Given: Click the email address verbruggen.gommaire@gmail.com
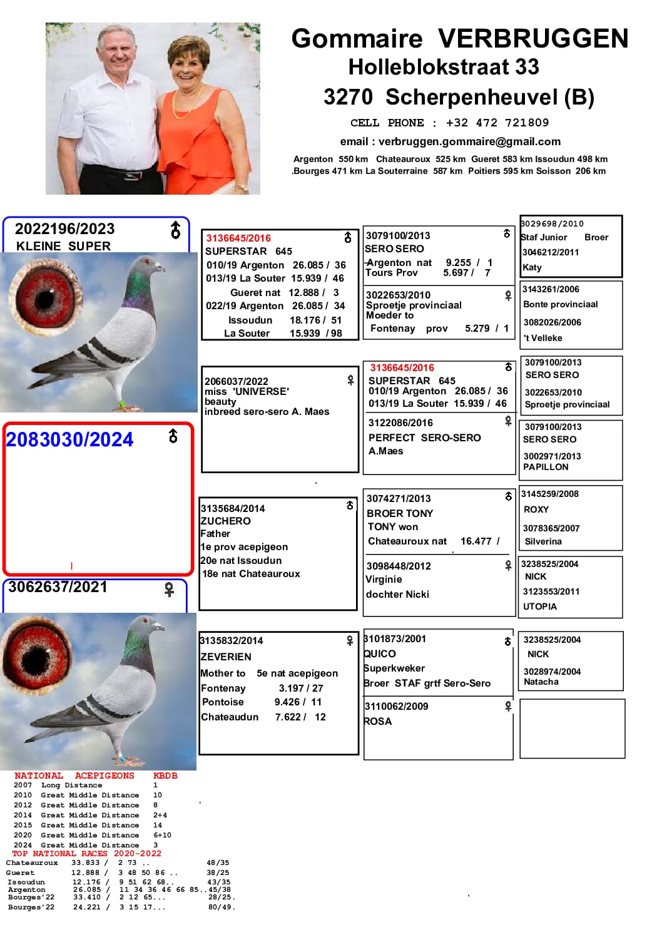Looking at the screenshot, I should pyautogui.click(x=469, y=142).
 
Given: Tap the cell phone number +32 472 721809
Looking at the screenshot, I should pyautogui.click(x=497, y=123).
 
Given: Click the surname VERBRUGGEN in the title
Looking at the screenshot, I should pyautogui.click(x=533, y=39).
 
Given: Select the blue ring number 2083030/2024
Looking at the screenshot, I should pyautogui.click(x=70, y=440).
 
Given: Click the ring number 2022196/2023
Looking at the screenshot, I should pyautogui.click(x=65, y=229).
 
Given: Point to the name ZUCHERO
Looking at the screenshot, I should pyautogui.click(x=226, y=521).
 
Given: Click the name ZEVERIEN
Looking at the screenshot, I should pyautogui.click(x=226, y=657).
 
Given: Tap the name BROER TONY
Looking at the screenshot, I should pyautogui.click(x=400, y=513).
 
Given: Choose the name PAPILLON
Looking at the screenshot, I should pyautogui.click(x=546, y=467).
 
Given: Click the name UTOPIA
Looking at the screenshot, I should pyautogui.click(x=540, y=607).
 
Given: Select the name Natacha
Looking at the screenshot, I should pyautogui.click(x=541, y=682).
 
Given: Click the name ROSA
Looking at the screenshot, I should pyautogui.click(x=378, y=721).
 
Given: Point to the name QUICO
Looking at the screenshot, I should pyautogui.click(x=380, y=653).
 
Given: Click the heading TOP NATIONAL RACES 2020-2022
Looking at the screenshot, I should pyautogui.click(x=87, y=854).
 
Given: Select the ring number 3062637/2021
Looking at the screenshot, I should pyautogui.click(x=58, y=587).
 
